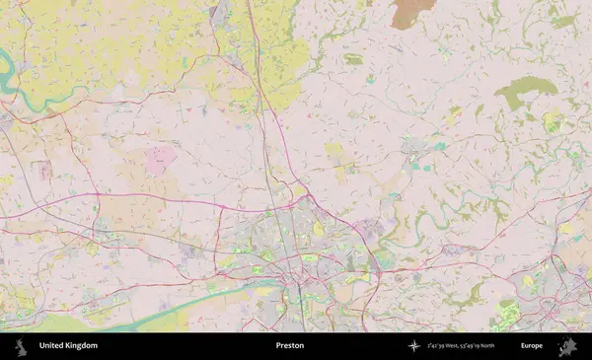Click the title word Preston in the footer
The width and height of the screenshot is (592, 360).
[289, 346]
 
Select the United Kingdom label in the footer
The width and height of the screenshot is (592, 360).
[68, 346]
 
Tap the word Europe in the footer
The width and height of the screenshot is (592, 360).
[532, 346]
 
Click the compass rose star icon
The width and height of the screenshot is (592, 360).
[413, 346]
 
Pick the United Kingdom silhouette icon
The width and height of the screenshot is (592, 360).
[20, 346]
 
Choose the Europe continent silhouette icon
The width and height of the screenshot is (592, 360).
[566, 346]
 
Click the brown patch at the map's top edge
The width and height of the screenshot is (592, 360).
[407, 13]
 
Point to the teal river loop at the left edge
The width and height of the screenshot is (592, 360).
[7, 75]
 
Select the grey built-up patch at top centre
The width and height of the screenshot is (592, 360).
[219, 15]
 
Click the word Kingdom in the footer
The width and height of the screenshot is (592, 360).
[81, 346]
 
